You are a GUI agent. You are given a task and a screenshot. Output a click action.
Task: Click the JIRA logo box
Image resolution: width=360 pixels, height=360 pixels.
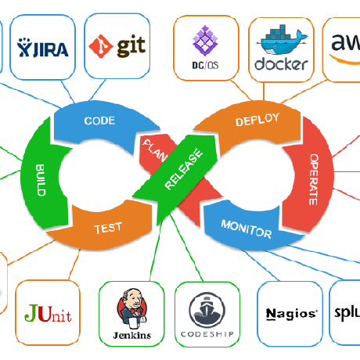point(43,46)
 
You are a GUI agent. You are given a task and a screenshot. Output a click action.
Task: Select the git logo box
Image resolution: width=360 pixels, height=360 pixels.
point(117,46)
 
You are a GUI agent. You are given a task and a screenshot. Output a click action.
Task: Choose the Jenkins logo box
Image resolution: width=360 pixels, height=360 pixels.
point(131,313)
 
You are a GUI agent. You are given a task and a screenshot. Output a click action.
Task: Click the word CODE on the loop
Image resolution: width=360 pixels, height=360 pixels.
point(99,121)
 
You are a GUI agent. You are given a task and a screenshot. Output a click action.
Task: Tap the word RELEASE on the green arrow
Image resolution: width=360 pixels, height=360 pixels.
point(183,170)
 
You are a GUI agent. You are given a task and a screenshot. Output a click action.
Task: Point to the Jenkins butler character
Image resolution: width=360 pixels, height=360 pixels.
point(131,307)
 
